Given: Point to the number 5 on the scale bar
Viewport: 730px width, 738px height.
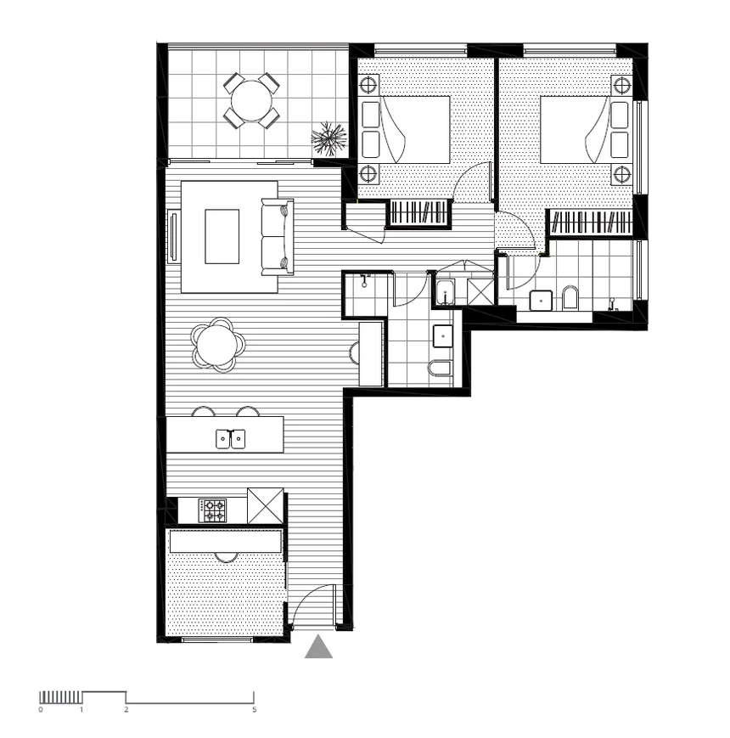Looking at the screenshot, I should pyautogui.click(x=255, y=708).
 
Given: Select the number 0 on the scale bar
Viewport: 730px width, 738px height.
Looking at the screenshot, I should pyautogui.click(x=40, y=708).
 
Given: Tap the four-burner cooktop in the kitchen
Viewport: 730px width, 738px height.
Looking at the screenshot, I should pyautogui.click(x=213, y=510).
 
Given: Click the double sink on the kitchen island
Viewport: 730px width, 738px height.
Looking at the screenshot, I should pyautogui.click(x=230, y=438).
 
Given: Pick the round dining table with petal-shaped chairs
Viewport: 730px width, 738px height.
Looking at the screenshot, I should pyautogui.click(x=218, y=345).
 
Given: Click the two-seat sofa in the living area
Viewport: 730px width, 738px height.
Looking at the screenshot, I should pyautogui.click(x=277, y=237).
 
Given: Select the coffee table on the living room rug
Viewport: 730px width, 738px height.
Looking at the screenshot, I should pyautogui.click(x=222, y=236).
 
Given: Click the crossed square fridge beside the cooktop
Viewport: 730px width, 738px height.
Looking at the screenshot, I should pyautogui.click(x=265, y=506).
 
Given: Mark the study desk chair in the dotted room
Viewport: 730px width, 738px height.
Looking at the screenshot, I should pyautogui.click(x=226, y=557).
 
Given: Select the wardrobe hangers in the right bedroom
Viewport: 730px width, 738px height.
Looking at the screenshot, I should pyautogui.click(x=591, y=223).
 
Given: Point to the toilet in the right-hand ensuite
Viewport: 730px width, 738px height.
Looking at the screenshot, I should pyautogui.click(x=570, y=298).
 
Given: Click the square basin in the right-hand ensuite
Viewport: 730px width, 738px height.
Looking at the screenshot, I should pyautogui.click(x=541, y=300).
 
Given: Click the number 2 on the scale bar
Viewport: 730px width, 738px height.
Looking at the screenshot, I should pyautogui.click(x=126, y=708).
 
